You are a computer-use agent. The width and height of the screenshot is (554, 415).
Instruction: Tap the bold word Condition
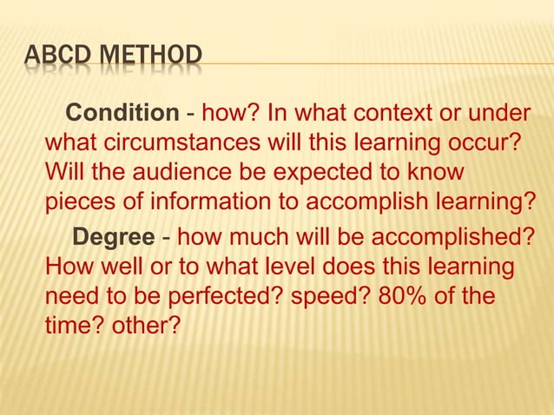(122, 114)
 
